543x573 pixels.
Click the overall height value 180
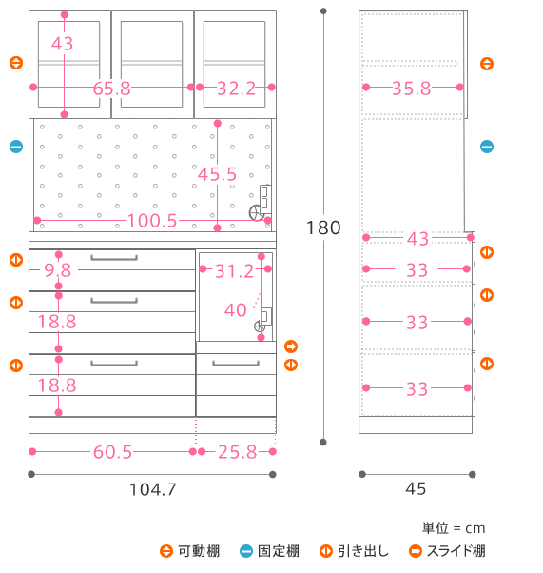tap(323, 227)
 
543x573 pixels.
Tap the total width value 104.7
tap(153, 489)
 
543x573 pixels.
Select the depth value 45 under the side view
tap(416, 488)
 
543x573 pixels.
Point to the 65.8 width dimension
tap(112, 89)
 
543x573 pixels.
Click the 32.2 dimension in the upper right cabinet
tap(236, 89)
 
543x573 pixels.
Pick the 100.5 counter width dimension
tap(152, 221)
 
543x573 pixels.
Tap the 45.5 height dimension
tap(217, 174)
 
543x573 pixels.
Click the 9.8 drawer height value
tap(58, 270)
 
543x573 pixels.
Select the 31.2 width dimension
tap(234, 271)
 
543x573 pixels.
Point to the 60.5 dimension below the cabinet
tap(112, 452)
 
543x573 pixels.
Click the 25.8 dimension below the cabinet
tap(238, 452)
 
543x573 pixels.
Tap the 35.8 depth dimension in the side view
tap(412, 89)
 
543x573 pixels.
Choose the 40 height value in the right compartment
tap(236, 310)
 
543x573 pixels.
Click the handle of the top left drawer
tap(114, 258)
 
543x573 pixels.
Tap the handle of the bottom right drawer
tap(236, 364)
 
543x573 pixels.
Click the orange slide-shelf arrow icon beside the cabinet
tap(291, 346)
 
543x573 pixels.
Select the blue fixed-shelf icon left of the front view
tap(16, 147)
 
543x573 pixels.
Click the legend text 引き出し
tap(363, 551)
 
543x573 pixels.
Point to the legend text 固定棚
tap(279, 551)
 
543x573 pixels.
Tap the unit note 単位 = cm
tap(454, 528)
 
